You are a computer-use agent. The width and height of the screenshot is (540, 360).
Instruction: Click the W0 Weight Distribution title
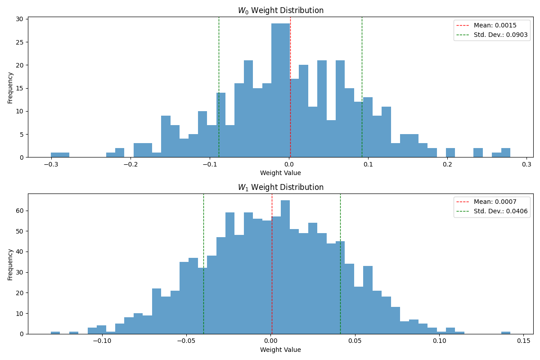click(280, 10)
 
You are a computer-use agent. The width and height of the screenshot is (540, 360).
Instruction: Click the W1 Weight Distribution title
click(280, 187)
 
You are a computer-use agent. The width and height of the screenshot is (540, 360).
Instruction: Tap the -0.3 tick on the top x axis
click(51, 165)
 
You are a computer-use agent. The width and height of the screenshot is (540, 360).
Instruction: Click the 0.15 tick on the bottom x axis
click(523, 341)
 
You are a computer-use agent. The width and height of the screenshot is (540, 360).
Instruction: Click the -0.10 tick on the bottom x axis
click(102, 341)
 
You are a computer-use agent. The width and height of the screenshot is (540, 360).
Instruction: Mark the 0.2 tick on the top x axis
click(447, 165)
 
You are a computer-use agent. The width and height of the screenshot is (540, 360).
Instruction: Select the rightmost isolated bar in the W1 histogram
click(506, 333)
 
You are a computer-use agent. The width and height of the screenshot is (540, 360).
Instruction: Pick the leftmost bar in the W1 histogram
click(55, 333)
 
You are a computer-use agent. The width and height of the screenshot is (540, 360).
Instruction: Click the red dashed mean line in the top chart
click(290, 90)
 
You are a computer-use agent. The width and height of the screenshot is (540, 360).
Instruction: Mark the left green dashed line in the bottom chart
click(203, 270)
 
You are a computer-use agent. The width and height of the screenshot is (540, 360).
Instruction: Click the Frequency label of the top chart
click(10, 87)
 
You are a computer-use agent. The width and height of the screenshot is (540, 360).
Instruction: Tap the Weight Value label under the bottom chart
click(280, 350)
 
